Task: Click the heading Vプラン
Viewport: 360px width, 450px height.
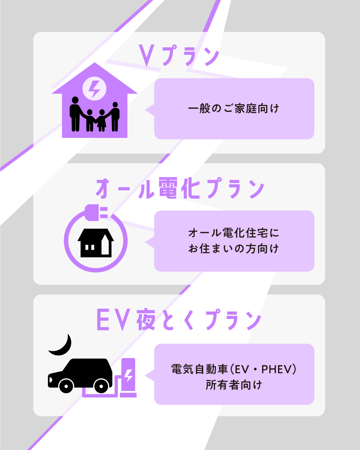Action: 179,55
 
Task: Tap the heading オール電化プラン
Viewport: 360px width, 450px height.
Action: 180,188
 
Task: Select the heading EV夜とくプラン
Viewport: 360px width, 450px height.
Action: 179,320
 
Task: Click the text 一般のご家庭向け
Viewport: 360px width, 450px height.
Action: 234,109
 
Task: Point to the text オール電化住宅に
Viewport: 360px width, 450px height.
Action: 234,233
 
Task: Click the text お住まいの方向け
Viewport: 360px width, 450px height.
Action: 234,249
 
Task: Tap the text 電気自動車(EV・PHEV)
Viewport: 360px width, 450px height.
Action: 234,369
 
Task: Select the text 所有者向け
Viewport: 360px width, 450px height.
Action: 234,385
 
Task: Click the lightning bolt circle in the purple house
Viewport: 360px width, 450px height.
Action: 95,89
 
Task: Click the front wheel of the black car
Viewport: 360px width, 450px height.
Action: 66,386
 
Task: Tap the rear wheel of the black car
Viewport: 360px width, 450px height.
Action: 101,386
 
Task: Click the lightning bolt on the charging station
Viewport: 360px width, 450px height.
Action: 128,375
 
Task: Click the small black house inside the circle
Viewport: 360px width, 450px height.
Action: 96,243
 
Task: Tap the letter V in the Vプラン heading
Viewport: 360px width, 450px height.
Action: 147,55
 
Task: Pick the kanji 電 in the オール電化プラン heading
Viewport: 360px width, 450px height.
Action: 168,188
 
